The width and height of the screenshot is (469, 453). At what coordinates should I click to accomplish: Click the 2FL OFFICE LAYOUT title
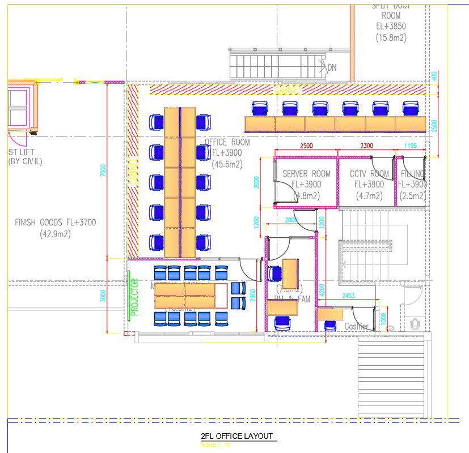click(236, 436)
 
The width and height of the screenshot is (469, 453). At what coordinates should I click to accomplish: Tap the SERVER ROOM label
click(306, 174)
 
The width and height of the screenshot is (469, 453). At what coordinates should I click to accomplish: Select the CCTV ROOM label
click(369, 174)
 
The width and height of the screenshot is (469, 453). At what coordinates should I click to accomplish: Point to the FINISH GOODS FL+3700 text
click(56, 223)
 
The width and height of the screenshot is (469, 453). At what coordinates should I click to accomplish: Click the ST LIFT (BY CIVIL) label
click(25, 156)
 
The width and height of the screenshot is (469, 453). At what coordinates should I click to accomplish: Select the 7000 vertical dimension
click(103, 170)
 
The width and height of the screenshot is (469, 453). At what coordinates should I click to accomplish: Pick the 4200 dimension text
click(322, 291)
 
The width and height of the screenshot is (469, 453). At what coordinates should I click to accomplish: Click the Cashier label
click(356, 326)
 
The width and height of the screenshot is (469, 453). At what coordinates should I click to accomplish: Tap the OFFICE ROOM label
click(227, 142)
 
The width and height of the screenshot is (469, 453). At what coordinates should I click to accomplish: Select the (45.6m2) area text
click(227, 165)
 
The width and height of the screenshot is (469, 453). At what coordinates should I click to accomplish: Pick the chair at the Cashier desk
click(330, 325)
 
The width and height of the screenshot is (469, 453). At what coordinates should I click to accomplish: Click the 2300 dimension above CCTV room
click(366, 146)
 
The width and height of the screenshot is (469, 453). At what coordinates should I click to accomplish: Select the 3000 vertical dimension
click(103, 296)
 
